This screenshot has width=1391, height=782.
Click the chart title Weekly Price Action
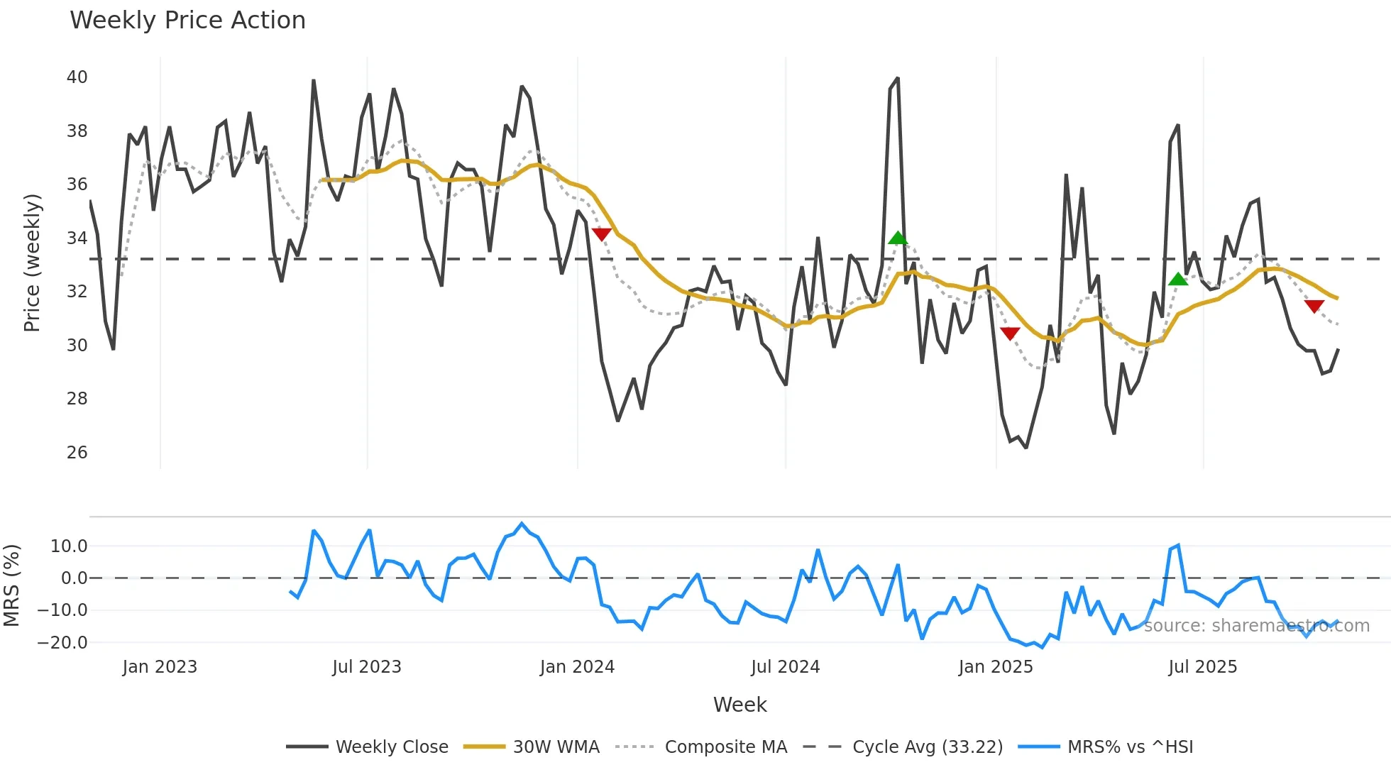[x=187, y=21]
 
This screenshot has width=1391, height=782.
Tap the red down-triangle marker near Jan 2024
[x=601, y=234]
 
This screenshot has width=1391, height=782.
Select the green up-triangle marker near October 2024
[x=898, y=238]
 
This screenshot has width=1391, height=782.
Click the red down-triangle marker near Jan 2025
[x=1009, y=334]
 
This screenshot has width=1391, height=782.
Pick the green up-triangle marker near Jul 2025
[x=1178, y=279]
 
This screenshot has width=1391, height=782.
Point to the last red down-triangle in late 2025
[x=1314, y=306]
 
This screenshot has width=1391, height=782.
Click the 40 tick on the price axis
[x=77, y=77]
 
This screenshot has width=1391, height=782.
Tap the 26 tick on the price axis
[x=77, y=452]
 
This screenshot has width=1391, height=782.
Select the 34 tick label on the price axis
[x=77, y=238]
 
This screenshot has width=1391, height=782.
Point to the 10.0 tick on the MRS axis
[x=69, y=546]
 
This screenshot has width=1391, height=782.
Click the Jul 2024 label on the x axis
[x=785, y=667]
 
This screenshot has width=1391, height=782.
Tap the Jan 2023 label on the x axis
[x=160, y=667]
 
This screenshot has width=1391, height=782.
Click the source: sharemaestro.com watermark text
[x=1256, y=626]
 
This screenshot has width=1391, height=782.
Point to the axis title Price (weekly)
[x=32, y=263]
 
